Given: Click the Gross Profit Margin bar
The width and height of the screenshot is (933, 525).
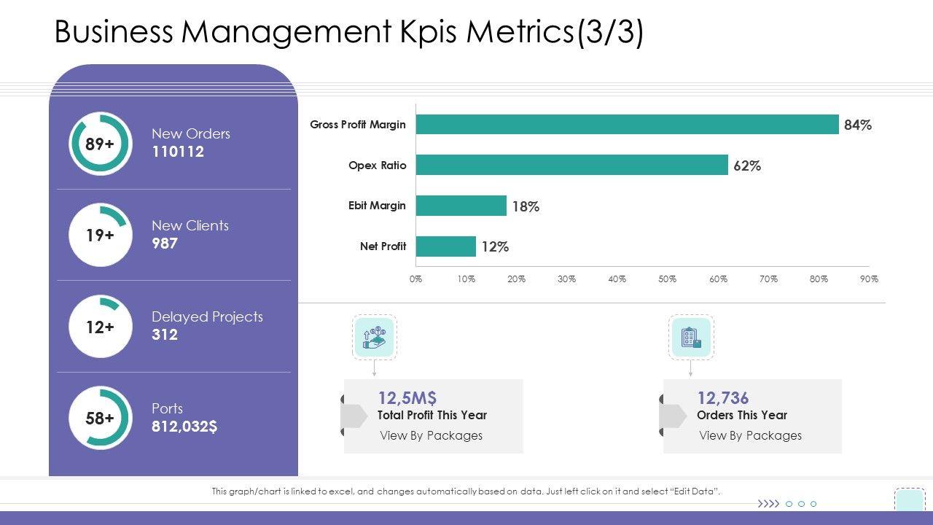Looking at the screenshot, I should [x=627, y=125].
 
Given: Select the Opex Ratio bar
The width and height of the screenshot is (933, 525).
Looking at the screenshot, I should [x=571, y=166].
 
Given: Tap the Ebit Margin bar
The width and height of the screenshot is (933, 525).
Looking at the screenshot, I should [x=461, y=206].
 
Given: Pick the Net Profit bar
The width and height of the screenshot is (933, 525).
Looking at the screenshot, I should [x=445, y=246].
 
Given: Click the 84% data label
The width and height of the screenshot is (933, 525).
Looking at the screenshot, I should [x=858, y=125].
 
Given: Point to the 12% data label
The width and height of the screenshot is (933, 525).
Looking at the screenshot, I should [x=495, y=247].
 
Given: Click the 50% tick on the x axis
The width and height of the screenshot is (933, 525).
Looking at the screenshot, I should [x=667, y=279].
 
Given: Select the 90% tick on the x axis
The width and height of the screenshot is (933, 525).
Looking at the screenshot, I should [x=869, y=279].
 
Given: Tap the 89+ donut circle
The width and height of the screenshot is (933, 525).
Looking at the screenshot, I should [x=101, y=144].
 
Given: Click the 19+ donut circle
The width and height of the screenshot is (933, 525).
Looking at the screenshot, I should [x=101, y=235].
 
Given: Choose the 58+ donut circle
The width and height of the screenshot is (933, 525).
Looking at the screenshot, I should [x=101, y=418].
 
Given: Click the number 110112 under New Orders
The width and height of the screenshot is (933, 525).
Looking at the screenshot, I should [x=178, y=152].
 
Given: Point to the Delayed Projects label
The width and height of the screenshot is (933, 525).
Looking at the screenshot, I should [x=207, y=316].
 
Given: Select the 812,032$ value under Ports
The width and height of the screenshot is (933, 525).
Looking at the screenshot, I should [x=184, y=427].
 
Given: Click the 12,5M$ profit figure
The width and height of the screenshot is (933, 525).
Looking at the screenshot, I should [x=407, y=397].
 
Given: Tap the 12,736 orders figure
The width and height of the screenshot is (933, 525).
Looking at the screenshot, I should [x=723, y=397].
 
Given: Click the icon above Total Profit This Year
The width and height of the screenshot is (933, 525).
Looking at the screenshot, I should [x=375, y=338].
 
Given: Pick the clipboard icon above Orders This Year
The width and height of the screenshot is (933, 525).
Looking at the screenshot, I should [x=691, y=338].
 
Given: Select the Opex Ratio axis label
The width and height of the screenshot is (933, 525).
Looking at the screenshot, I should [x=378, y=166].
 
